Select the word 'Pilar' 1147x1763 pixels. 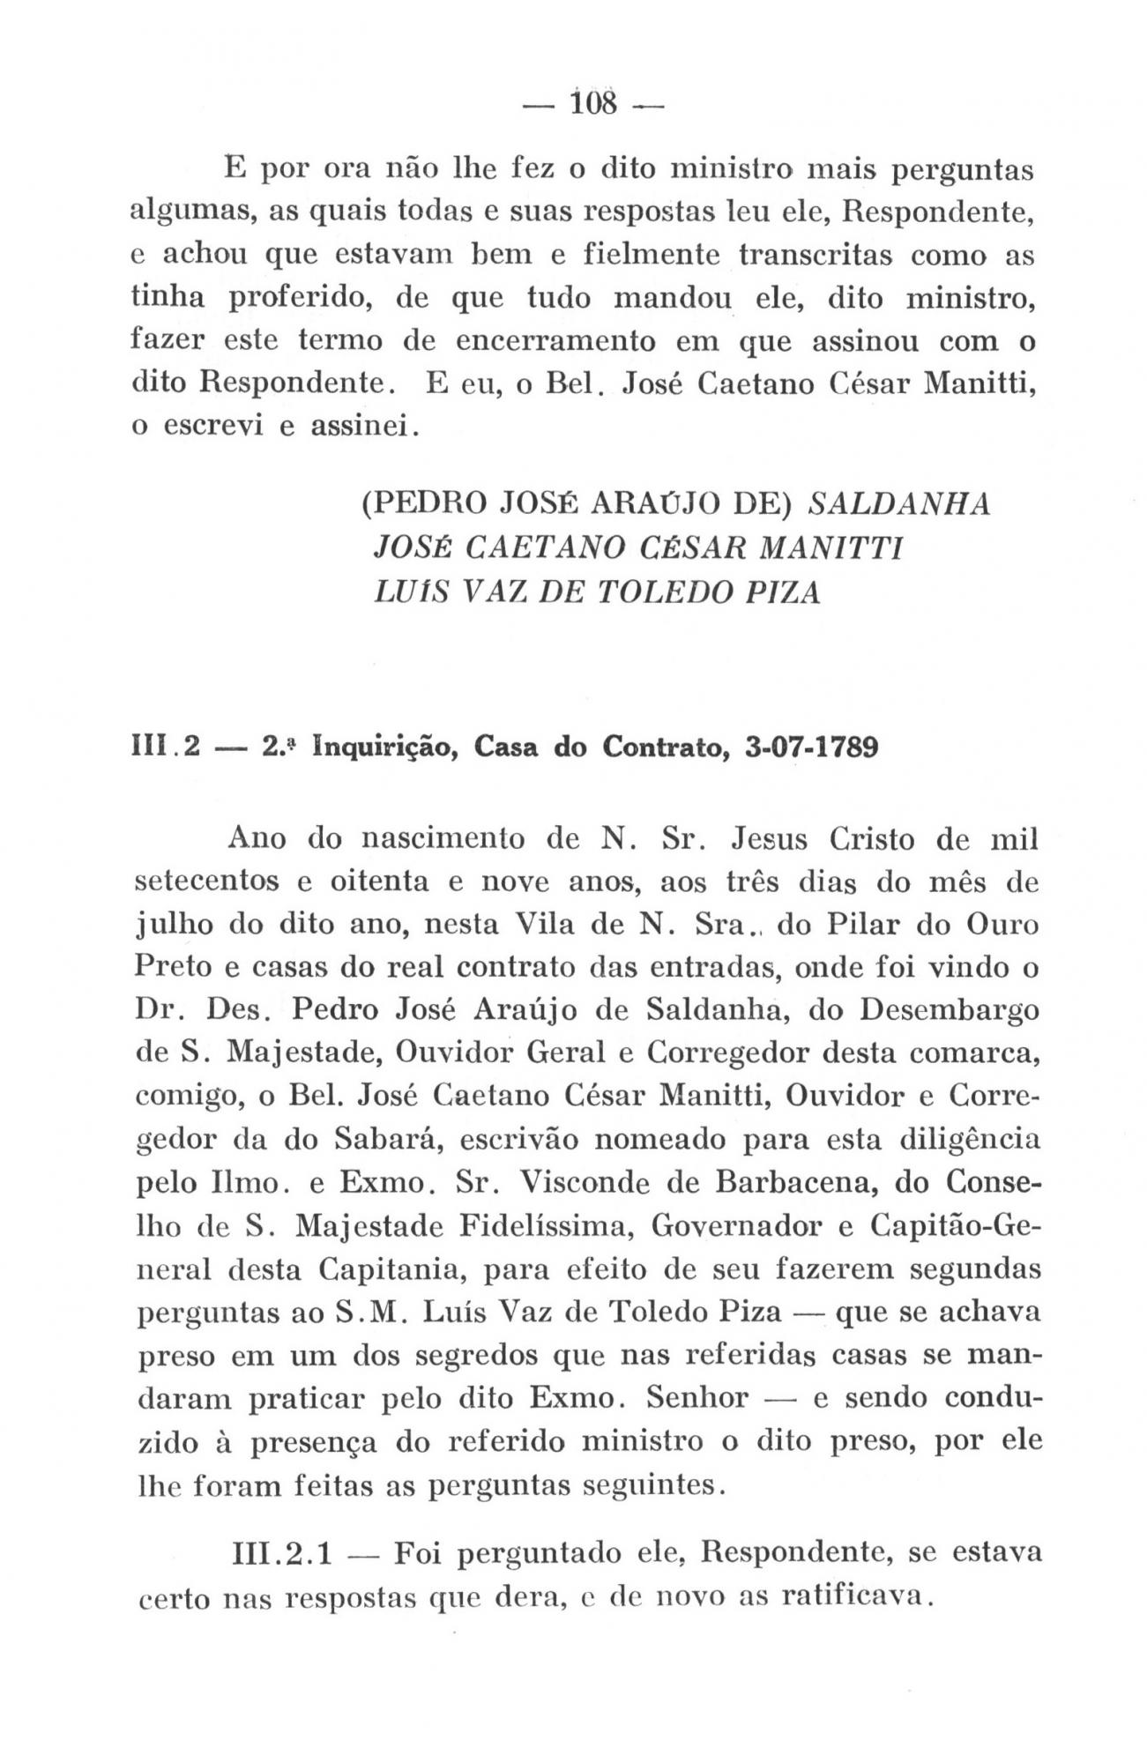pos(855,926)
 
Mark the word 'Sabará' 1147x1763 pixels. pos(386,1140)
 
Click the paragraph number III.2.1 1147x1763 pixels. pos(278,1553)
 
